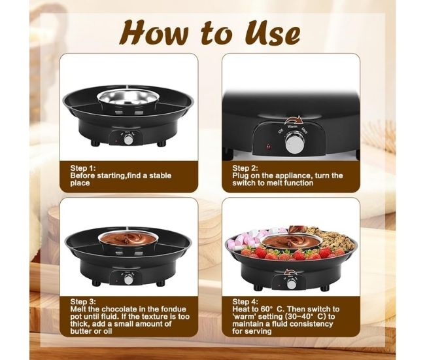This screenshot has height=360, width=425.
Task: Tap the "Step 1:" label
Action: (83, 168)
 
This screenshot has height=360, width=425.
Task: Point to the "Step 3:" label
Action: (83, 302)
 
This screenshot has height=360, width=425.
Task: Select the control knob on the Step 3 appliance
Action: (128, 279)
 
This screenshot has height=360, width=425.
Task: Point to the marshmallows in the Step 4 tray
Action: (252, 238)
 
